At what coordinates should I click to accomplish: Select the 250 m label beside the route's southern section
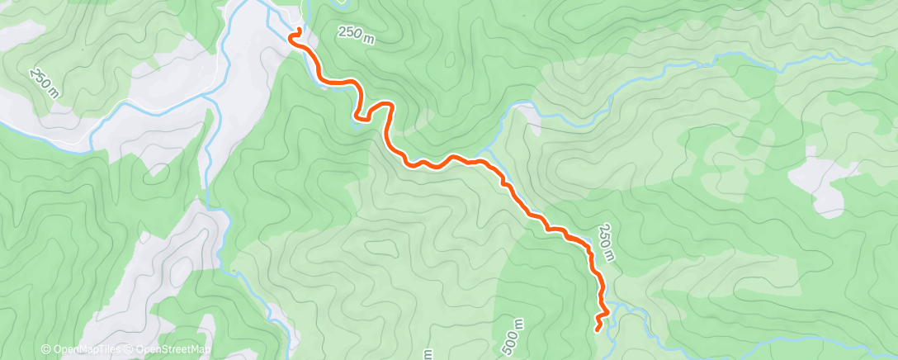(x=607, y=242)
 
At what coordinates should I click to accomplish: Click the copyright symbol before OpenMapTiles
(x=46, y=348)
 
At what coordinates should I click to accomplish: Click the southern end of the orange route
(x=598, y=329)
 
